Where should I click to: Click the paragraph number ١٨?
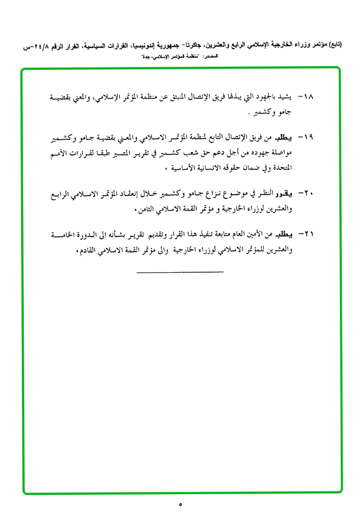point(308,97)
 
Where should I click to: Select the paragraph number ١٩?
point(308,137)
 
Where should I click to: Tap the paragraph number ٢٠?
point(308,194)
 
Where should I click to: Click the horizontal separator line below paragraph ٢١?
point(180,272)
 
